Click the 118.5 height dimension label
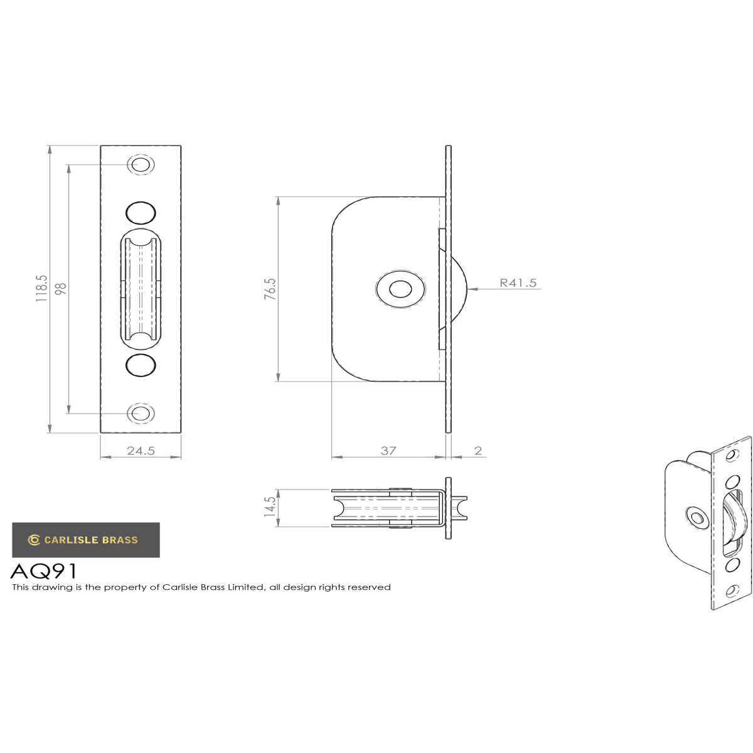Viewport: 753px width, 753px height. pos(41,288)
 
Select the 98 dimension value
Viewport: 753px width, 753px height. pos(61,289)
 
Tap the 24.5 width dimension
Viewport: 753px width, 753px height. pos(141,451)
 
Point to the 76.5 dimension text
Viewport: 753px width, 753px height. pos(270,289)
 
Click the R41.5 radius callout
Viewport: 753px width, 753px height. pos(518,282)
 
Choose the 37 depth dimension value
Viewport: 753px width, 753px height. pos(388,451)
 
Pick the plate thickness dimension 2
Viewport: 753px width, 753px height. pos(478,451)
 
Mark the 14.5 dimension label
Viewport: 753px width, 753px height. pos(270,507)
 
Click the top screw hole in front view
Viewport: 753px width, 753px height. pos(141,164)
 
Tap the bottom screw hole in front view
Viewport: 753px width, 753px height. pos(141,413)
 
